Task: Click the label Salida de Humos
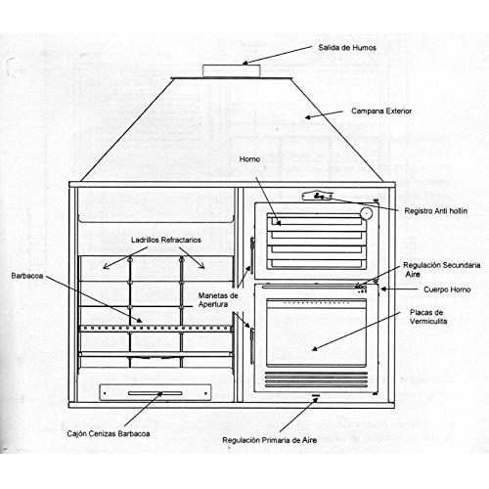pos(347,48)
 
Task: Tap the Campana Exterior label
pos(381,111)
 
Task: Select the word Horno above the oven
pos(249,159)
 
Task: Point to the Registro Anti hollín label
pos(436,211)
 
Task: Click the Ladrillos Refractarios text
pos(166,240)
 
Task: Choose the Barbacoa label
pos(27,276)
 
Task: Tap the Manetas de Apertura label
pos(218,300)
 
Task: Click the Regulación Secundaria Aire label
pos(442,269)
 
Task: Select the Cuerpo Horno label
pos(447,289)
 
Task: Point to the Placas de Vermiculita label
pos(428,317)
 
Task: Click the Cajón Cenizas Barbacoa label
pos(109,434)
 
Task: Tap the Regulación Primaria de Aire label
pos(270,440)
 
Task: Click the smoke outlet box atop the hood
pos(232,71)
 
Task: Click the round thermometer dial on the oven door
pos(366,213)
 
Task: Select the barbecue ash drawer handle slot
pos(156,393)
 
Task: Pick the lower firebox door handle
pos(252,346)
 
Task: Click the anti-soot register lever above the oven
pos(318,196)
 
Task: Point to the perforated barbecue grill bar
pos(156,329)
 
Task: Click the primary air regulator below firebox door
pos(315,395)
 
